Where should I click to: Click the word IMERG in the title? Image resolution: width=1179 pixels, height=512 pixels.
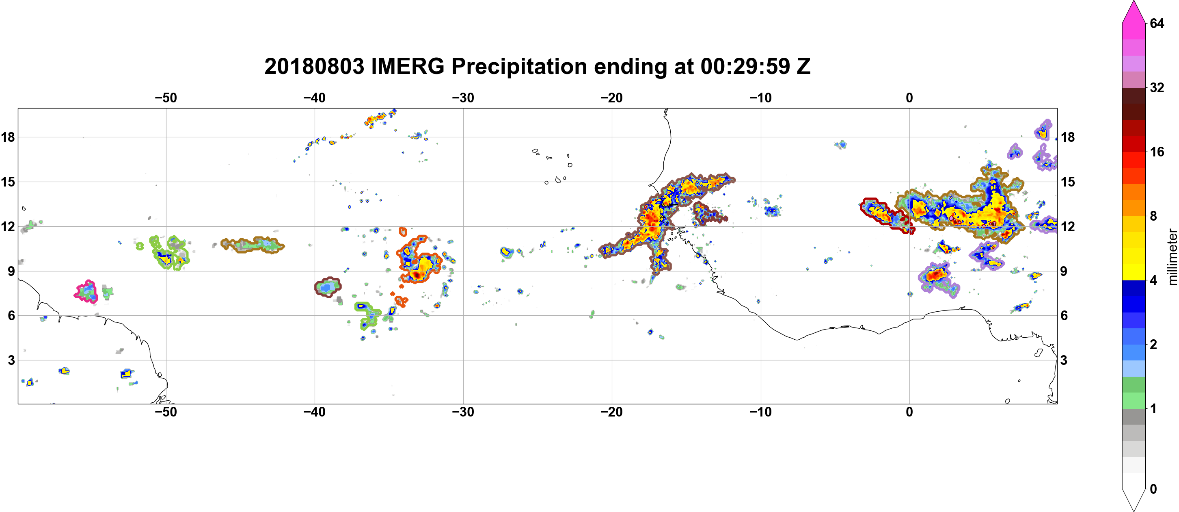(x=407, y=66)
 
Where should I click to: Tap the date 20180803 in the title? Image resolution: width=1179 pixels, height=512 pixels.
(x=314, y=66)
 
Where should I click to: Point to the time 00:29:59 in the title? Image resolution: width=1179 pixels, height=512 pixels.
(x=745, y=66)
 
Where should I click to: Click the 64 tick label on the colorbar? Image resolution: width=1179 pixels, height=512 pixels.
(x=1157, y=23)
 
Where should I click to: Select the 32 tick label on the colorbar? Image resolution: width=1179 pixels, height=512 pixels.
(x=1157, y=87)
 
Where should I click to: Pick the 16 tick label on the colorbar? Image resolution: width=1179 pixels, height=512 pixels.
(x=1157, y=152)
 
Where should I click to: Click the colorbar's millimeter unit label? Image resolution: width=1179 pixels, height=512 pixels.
(x=1172, y=257)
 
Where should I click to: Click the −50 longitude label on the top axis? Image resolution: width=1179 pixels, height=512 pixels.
(x=166, y=98)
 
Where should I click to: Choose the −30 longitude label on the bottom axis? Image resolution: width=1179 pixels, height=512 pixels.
(x=463, y=412)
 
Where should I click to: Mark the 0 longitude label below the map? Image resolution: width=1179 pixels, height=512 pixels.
(x=909, y=412)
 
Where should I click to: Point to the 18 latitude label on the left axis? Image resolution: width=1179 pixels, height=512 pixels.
(x=8, y=137)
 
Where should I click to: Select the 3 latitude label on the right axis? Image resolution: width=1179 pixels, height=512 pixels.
(x=1064, y=360)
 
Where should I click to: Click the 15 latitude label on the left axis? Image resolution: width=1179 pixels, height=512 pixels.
(x=8, y=182)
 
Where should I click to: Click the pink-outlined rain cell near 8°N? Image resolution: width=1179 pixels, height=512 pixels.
(x=86, y=291)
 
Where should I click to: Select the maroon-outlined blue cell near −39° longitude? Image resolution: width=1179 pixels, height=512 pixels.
(x=328, y=287)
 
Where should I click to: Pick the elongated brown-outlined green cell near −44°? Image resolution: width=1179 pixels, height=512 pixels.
(x=253, y=245)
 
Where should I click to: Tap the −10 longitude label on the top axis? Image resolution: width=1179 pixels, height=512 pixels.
(x=761, y=98)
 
